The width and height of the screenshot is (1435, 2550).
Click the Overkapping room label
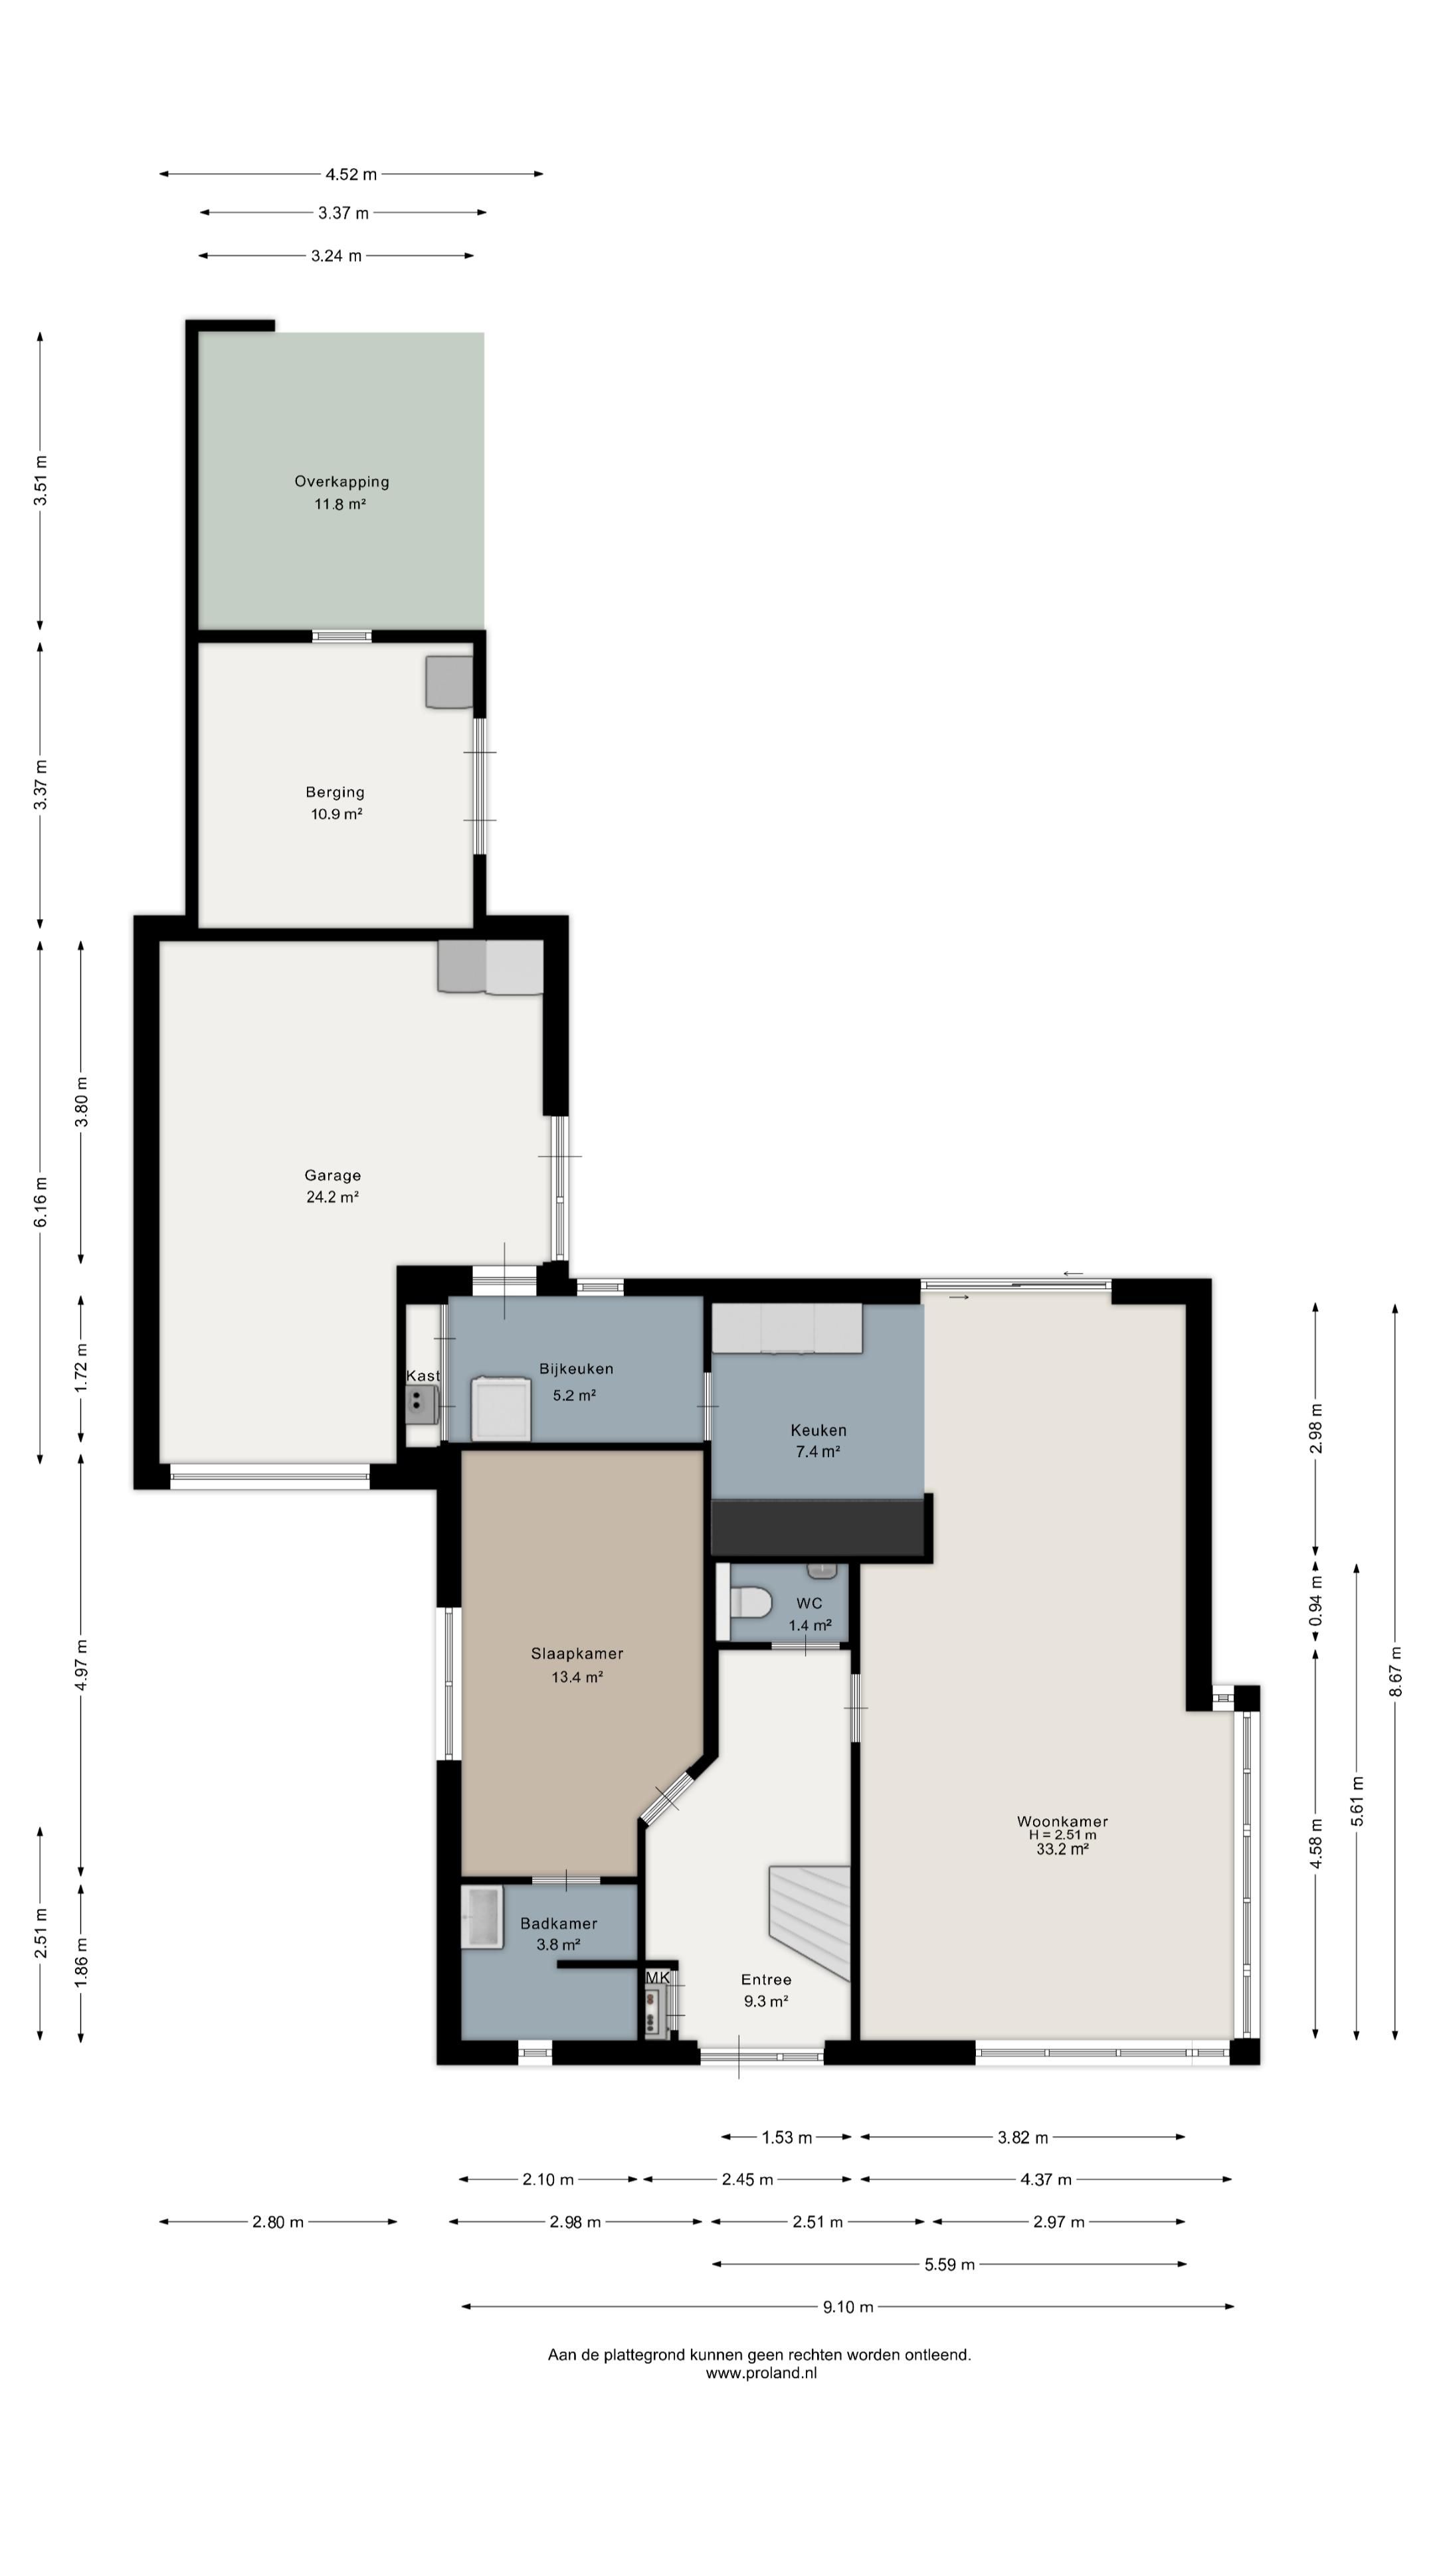coord(341,482)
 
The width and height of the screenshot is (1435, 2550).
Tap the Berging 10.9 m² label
coord(335,803)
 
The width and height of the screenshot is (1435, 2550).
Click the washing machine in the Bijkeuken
coord(501,1408)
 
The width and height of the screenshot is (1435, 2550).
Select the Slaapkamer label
coord(577,1653)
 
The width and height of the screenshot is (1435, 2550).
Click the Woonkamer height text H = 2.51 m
coord(1062,1834)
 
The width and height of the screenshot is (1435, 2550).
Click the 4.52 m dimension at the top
coord(351,174)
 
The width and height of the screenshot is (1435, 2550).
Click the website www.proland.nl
coord(761,2373)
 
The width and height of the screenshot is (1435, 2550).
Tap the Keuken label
coord(818,1430)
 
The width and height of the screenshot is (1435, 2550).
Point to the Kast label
coord(423,1376)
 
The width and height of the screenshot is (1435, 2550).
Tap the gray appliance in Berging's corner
coord(450,682)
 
